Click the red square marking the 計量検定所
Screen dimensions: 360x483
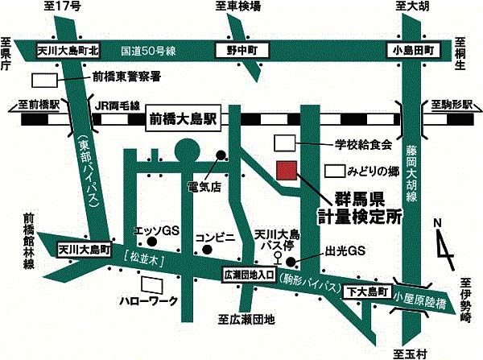[287, 171]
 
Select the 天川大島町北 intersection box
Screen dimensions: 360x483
[68, 50]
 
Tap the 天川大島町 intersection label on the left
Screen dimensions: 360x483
[84, 250]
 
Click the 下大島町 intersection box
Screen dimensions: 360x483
[368, 290]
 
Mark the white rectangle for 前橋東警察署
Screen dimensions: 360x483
[45, 81]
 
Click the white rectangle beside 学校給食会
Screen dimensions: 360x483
[287, 143]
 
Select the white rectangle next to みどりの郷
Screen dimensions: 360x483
[336, 172]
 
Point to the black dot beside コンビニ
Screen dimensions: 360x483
[207, 249]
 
